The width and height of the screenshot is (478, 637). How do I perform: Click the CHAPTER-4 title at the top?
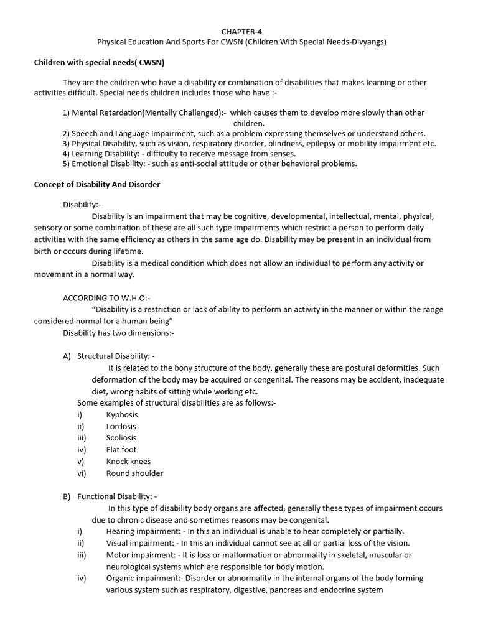coord(239,30)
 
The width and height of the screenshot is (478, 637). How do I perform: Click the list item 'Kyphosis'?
coord(122,415)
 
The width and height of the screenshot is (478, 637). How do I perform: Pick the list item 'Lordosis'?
coord(121,427)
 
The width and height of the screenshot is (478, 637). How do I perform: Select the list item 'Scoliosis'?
coord(121,438)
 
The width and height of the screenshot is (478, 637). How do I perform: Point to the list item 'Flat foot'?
coord(121,450)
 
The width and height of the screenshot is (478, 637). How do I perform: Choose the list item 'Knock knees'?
coord(128,462)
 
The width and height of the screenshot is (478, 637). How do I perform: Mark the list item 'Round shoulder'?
coord(134,473)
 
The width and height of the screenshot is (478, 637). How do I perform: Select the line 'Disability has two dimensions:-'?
coord(119,333)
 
